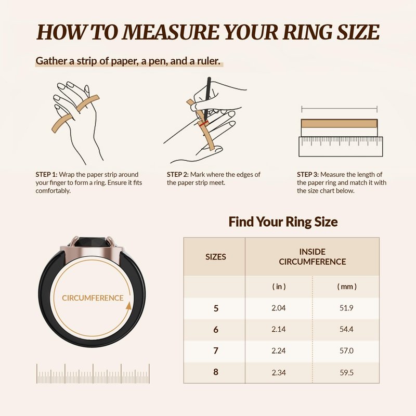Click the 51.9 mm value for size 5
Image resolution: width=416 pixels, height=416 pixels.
[x=346, y=308]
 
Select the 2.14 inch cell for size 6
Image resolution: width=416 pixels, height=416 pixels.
[x=279, y=329]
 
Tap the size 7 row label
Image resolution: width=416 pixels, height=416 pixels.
[x=216, y=350]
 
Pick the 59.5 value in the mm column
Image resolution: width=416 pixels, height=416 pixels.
[x=346, y=372]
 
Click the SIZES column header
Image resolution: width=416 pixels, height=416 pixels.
[x=216, y=257]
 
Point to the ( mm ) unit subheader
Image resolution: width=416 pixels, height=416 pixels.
[x=347, y=287]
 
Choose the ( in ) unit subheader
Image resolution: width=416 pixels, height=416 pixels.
[x=279, y=287]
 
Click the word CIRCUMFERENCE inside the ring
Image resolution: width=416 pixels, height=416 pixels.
[x=93, y=298]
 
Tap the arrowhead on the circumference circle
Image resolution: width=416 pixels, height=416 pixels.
[x=128, y=306]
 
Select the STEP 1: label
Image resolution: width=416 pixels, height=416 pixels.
[x=46, y=175]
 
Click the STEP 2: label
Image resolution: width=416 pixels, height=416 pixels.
[x=178, y=175]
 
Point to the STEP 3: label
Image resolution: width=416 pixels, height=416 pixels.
[x=308, y=175]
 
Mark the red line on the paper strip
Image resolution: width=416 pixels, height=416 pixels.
[x=204, y=124]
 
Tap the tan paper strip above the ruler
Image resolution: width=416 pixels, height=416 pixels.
[x=339, y=123]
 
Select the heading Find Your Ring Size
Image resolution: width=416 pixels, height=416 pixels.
[x=283, y=222]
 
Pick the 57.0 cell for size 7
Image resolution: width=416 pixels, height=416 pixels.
[x=346, y=350]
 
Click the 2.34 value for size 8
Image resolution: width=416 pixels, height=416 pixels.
[x=279, y=372]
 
